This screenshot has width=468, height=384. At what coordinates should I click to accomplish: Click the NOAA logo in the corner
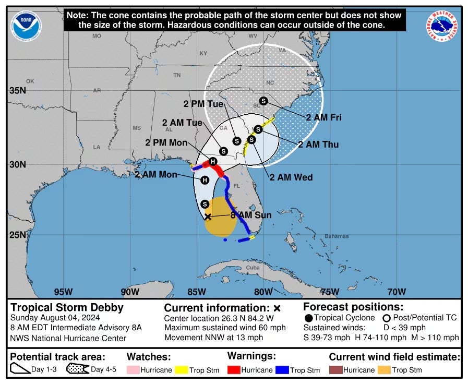click(x=26, y=25)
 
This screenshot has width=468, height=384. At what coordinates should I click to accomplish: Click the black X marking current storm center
click(x=208, y=217)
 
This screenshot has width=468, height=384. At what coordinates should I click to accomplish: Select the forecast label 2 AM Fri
click(x=323, y=117)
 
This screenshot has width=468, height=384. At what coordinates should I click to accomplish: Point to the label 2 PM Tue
click(x=203, y=104)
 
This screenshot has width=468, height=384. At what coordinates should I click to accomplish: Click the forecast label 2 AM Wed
click(x=291, y=177)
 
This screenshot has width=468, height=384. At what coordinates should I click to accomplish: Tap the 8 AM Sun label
click(x=251, y=215)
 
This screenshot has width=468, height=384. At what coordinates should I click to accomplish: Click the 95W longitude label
click(x=63, y=291)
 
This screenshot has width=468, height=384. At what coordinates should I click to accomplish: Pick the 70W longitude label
click(x=397, y=291)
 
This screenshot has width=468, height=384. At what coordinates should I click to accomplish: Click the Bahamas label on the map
click(x=337, y=236)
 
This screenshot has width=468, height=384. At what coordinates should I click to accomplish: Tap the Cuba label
click(x=253, y=268)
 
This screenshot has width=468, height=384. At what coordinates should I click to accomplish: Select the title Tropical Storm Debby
click(x=67, y=307)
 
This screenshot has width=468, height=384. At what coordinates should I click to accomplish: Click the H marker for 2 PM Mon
click(x=213, y=162)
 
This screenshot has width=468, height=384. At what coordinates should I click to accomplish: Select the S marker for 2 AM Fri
click(x=263, y=101)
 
